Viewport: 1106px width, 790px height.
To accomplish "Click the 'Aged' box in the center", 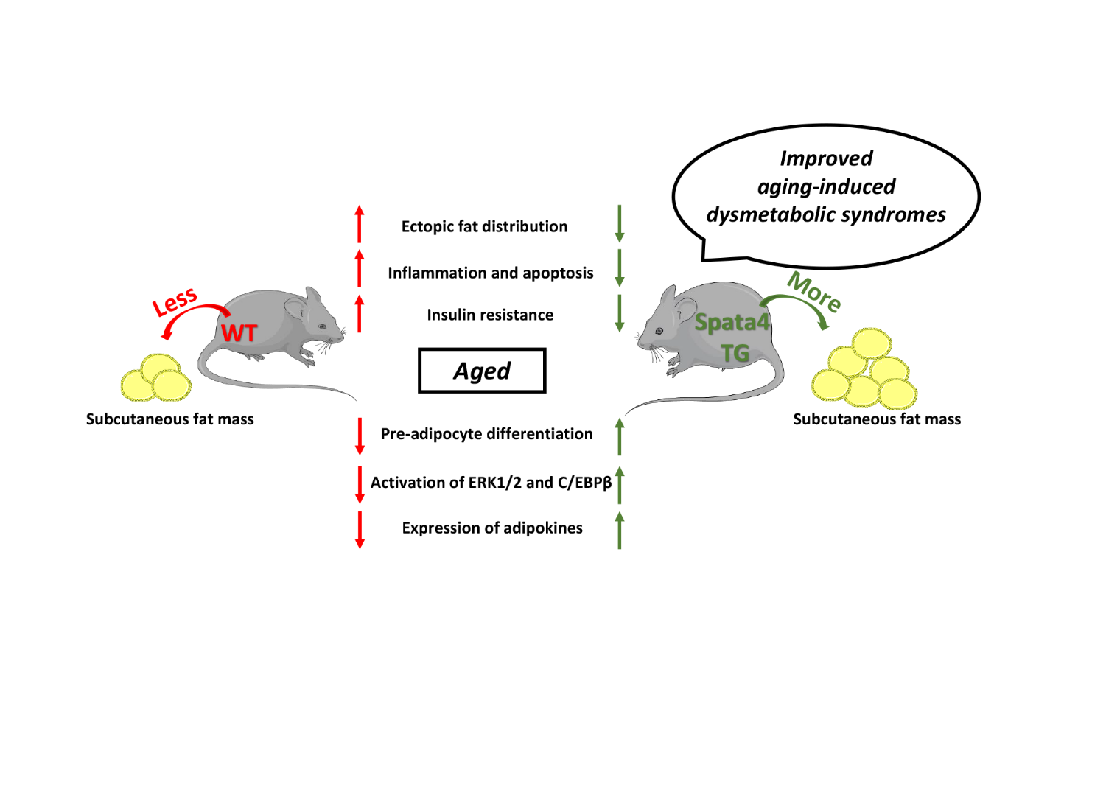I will (x=482, y=371).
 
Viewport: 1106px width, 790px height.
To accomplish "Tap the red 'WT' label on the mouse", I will (x=239, y=333).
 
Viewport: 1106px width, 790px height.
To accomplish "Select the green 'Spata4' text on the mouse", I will (x=731, y=323).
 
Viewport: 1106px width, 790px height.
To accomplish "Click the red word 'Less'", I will (x=175, y=301).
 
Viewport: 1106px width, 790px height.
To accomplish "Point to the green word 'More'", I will (x=814, y=291).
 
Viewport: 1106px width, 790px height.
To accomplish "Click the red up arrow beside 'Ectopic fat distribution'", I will (x=360, y=224).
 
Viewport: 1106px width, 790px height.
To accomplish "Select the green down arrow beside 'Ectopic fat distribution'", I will (x=620, y=224).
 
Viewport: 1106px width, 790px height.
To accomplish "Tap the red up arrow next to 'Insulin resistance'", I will (x=360, y=314).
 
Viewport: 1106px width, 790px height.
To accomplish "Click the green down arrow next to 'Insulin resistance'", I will (x=620, y=314).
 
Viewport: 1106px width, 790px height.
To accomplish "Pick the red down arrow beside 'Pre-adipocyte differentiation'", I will (x=360, y=436).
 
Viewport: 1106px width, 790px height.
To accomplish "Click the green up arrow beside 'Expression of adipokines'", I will (x=620, y=530).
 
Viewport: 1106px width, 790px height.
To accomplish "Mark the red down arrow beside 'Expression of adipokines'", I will (x=360, y=530).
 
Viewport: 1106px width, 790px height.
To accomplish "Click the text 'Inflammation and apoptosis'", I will (x=491, y=273).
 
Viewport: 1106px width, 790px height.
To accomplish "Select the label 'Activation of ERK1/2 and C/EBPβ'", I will (x=491, y=483).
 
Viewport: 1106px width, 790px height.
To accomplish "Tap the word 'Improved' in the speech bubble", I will (x=826, y=158).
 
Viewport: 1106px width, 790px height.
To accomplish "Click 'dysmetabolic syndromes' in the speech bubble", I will (x=826, y=214).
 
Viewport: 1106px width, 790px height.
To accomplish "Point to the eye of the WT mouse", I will (x=322, y=326).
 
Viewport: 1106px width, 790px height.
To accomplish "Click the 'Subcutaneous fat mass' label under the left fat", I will (x=169, y=419).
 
